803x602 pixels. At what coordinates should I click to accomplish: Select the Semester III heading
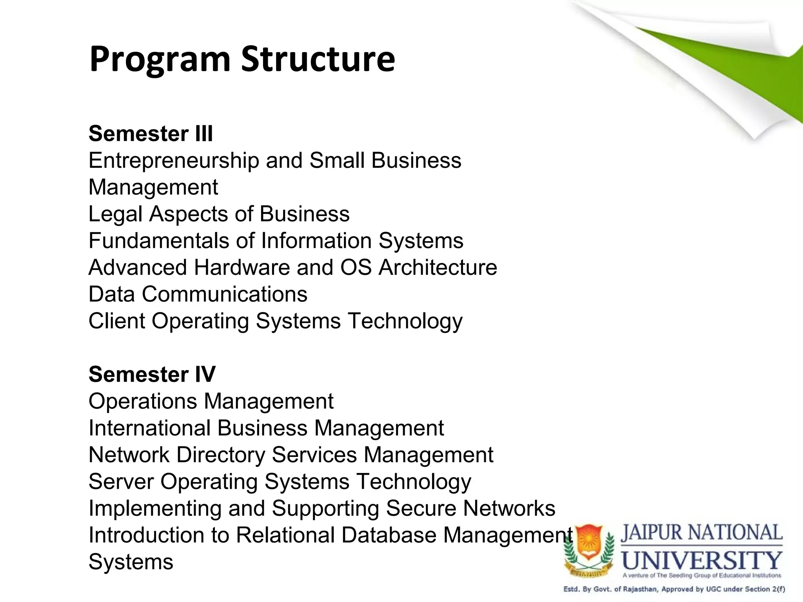151,134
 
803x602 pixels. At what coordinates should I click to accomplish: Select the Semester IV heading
152,374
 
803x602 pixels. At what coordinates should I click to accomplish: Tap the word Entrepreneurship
174,161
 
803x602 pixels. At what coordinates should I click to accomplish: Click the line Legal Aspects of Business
219,214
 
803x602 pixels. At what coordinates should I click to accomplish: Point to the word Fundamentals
158,241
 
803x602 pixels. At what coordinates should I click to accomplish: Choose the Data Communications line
198,294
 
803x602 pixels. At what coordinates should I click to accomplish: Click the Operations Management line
211,401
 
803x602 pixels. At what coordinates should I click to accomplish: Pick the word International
149,428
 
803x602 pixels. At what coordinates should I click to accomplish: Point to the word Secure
421,508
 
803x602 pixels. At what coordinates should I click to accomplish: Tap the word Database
389,535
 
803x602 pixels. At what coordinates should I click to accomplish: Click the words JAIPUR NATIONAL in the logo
701,533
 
